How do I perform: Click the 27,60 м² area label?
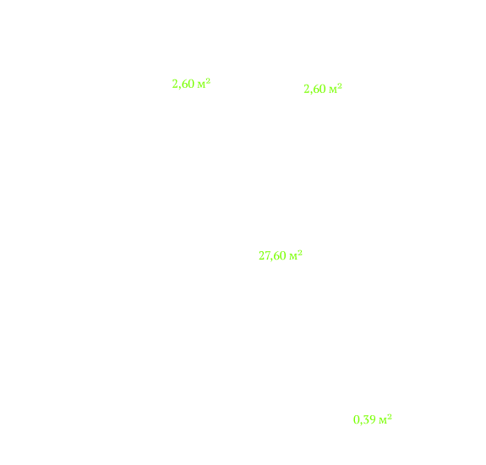tap(281, 255)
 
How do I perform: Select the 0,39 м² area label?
tap(373, 419)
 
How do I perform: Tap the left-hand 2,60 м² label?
tap(191, 84)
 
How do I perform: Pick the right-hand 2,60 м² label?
tap(323, 89)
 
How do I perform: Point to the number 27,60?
tap(272, 256)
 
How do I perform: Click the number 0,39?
tap(365, 420)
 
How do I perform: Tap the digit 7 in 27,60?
tap(266, 255)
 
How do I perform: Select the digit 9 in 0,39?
tap(373, 420)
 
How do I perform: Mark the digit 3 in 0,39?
tap(366, 420)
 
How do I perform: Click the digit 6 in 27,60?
tap(276, 255)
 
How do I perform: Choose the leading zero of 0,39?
tap(357, 419)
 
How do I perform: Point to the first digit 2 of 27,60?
tap(261, 255)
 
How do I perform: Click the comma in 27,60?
tap(270, 260)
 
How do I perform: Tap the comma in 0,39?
tap(362, 424)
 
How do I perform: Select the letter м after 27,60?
tap(293, 257)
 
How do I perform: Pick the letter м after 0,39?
tap(383, 421)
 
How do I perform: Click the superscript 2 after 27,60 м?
tap(300, 253)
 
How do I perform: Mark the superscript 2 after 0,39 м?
tap(390, 416)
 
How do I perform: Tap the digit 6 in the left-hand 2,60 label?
tap(183, 84)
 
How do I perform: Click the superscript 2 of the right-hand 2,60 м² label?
tap(340, 86)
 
